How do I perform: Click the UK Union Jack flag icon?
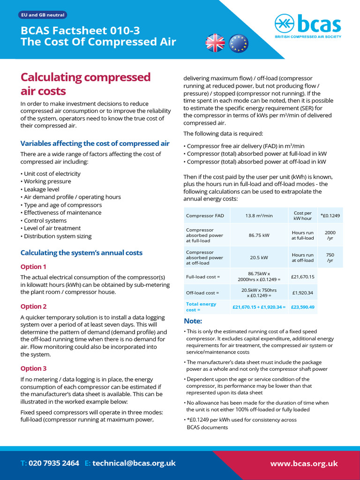[x=215, y=43]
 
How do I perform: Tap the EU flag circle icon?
[x=238, y=43]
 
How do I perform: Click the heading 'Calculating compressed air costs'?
[x=85, y=83]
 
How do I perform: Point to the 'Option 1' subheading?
[x=33, y=267]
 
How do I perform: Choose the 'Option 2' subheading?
[x=33, y=307]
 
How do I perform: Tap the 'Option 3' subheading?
[x=33, y=368]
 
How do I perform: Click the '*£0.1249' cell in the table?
[x=330, y=216]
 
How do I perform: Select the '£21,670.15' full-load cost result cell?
[x=302, y=277]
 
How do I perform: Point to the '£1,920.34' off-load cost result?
[x=302, y=293]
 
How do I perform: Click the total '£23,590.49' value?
[x=302, y=307]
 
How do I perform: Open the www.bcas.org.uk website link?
[x=304, y=464]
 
